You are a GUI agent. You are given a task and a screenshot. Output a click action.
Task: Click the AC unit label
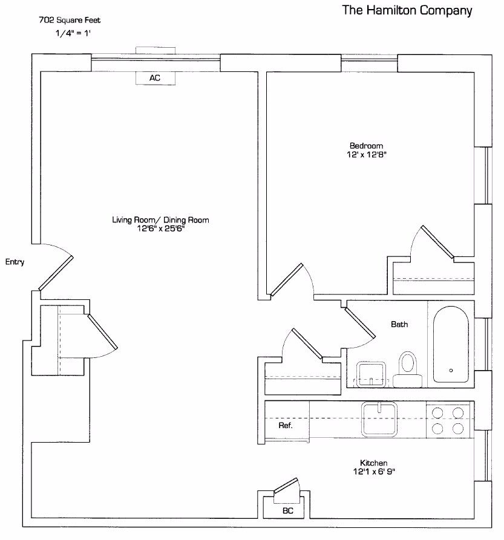pyautogui.click(x=155, y=78)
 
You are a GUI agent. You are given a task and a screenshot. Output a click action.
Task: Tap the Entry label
pyautogui.click(x=14, y=262)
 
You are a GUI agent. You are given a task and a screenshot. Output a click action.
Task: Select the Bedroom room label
pyautogui.click(x=367, y=146)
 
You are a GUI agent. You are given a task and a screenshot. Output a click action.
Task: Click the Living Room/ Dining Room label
pyautogui.click(x=160, y=220)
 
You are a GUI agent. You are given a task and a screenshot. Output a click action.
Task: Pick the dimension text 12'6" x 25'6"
pyautogui.click(x=160, y=229)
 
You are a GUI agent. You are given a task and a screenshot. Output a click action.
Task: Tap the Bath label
pyautogui.click(x=399, y=325)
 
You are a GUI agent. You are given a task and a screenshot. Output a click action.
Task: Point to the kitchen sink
pyautogui.click(x=379, y=419)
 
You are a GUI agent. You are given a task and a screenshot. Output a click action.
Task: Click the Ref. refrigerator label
pyautogui.click(x=286, y=426)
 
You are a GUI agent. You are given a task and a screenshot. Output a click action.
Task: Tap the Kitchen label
pyautogui.click(x=373, y=463)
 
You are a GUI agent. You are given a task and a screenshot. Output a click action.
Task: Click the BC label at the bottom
pyautogui.click(x=288, y=511)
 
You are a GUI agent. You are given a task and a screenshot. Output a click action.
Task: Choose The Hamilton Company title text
pyautogui.click(x=407, y=10)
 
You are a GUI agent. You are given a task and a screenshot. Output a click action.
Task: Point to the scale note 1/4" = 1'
pyautogui.click(x=72, y=33)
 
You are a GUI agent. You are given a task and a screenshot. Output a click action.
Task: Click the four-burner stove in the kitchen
pyautogui.click(x=448, y=420)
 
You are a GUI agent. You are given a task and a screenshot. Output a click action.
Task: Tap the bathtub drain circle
pyautogui.click(x=451, y=370)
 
